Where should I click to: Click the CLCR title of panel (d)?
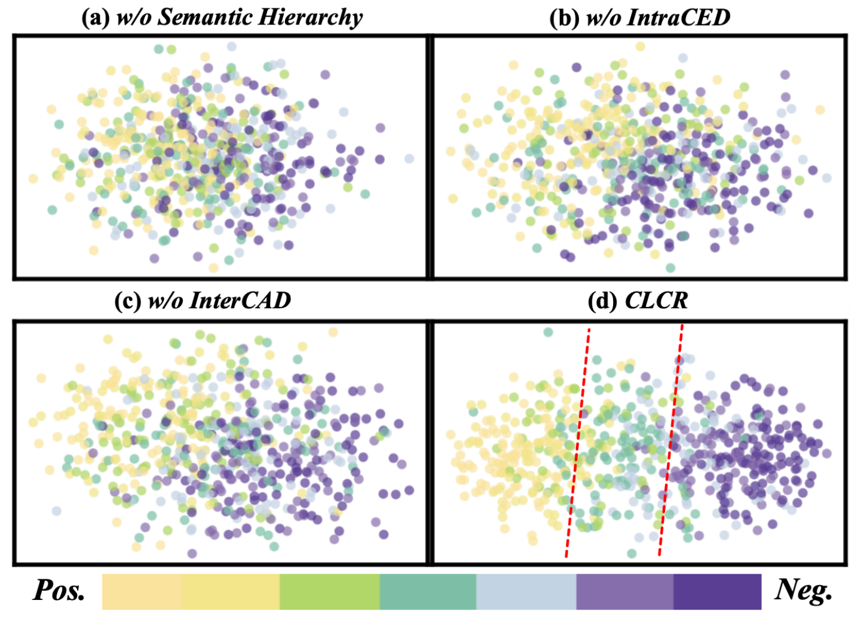coord(657,301)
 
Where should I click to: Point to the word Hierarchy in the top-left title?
coord(310,18)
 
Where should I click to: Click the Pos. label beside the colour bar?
coord(59,591)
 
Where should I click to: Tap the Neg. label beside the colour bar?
coord(803,591)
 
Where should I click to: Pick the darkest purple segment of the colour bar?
coord(718,592)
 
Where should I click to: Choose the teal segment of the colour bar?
coord(428,592)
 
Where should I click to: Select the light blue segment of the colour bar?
coord(526,592)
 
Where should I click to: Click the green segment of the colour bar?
coord(330,592)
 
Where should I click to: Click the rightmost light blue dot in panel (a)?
coord(409,158)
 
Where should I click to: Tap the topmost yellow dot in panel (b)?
coord(641,47)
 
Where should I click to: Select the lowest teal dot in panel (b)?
coord(670,268)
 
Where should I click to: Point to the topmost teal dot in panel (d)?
coord(548,332)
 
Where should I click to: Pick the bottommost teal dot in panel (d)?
coord(632,553)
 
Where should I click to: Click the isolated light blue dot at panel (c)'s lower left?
coord(57,511)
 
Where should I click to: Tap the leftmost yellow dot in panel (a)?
coord(33,179)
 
